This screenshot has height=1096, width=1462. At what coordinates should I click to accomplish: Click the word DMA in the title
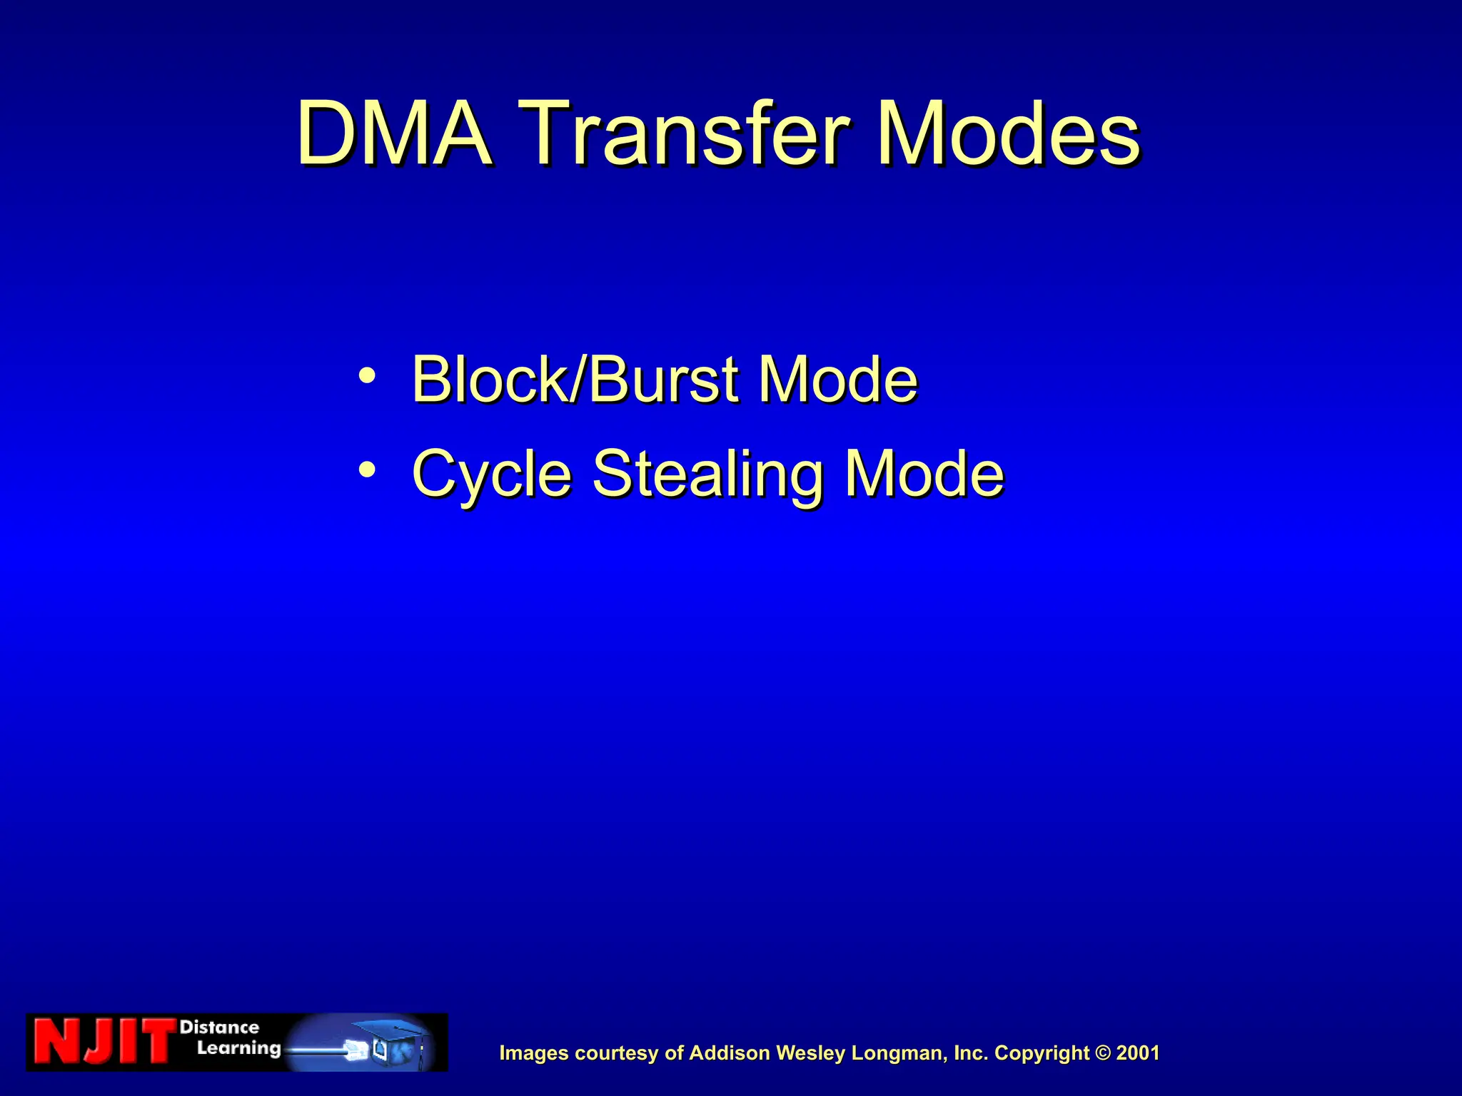394,134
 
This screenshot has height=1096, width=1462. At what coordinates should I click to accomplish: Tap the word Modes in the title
1009,134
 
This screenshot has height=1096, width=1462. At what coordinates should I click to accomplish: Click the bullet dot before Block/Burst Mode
367,375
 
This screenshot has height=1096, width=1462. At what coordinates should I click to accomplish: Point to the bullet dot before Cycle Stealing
367,470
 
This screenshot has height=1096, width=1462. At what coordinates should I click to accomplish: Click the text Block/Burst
575,380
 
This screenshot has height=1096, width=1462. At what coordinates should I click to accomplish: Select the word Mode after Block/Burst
837,380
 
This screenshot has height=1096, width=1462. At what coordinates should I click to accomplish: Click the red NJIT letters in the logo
104,1042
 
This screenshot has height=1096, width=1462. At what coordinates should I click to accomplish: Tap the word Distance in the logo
219,1027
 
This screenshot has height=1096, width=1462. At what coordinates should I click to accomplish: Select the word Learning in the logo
238,1048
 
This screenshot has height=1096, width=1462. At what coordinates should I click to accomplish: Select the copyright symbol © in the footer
1103,1053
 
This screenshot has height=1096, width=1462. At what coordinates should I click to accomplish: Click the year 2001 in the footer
1138,1053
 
